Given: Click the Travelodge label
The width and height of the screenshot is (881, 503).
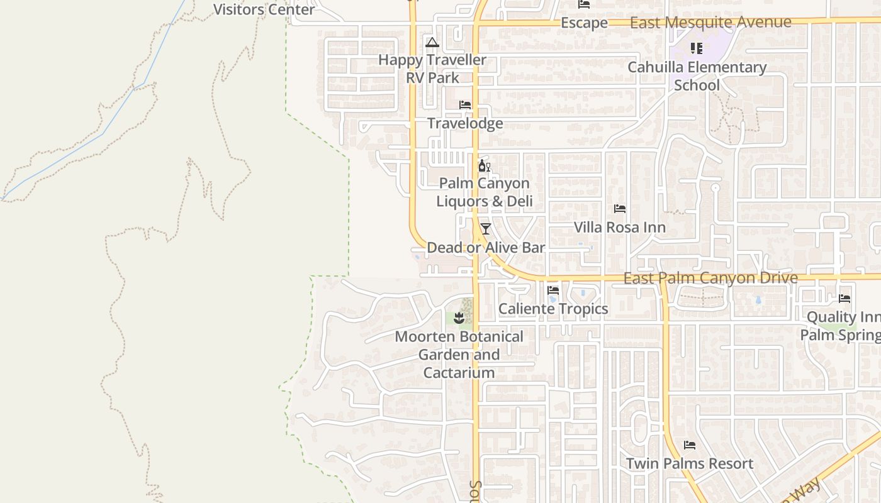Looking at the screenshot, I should click(x=465, y=123).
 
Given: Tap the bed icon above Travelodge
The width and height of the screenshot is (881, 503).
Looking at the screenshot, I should click(x=465, y=104).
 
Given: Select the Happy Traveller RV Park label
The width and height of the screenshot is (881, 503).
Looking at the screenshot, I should click(x=432, y=69).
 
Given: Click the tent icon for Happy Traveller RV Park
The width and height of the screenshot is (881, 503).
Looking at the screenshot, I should click(x=432, y=43).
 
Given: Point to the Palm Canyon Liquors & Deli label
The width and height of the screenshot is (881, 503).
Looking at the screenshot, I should click(x=484, y=192).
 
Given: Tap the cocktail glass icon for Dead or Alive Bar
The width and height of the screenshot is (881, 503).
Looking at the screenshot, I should click(x=485, y=228).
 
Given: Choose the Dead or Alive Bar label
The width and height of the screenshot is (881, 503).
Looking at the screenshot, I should click(x=486, y=248).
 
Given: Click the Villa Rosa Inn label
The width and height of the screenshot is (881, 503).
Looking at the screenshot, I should click(x=619, y=227).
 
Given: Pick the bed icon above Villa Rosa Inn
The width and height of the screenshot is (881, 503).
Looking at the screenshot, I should click(x=620, y=208).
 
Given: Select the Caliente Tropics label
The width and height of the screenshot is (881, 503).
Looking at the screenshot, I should click(x=553, y=309).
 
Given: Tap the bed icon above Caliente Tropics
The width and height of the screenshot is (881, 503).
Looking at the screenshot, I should click(x=553, y=290).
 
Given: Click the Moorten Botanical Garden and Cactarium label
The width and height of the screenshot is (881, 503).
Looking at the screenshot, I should click(x=459, y=355).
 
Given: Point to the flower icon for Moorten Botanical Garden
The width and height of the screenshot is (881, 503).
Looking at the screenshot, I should click(x=459, y=318).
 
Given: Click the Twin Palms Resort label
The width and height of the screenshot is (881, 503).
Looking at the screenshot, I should click(x=689, y=464).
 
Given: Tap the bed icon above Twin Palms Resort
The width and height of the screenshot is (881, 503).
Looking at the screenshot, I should click(x=690, y=445).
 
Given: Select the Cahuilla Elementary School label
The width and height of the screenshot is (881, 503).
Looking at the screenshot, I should click(x=697, y=76).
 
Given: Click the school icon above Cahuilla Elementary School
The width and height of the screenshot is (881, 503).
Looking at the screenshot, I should click(x=696, y=48).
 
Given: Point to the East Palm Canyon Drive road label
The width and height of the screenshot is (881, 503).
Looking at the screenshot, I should click(x=710, y=278).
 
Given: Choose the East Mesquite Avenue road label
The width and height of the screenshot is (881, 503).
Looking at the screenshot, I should click(x=710, y=23).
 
